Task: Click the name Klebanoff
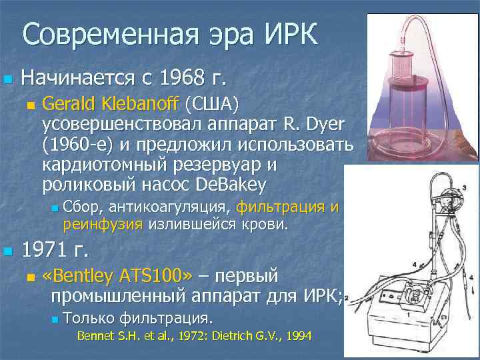147,104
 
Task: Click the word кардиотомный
106,164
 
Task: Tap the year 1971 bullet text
51,252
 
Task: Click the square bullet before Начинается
7,79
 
